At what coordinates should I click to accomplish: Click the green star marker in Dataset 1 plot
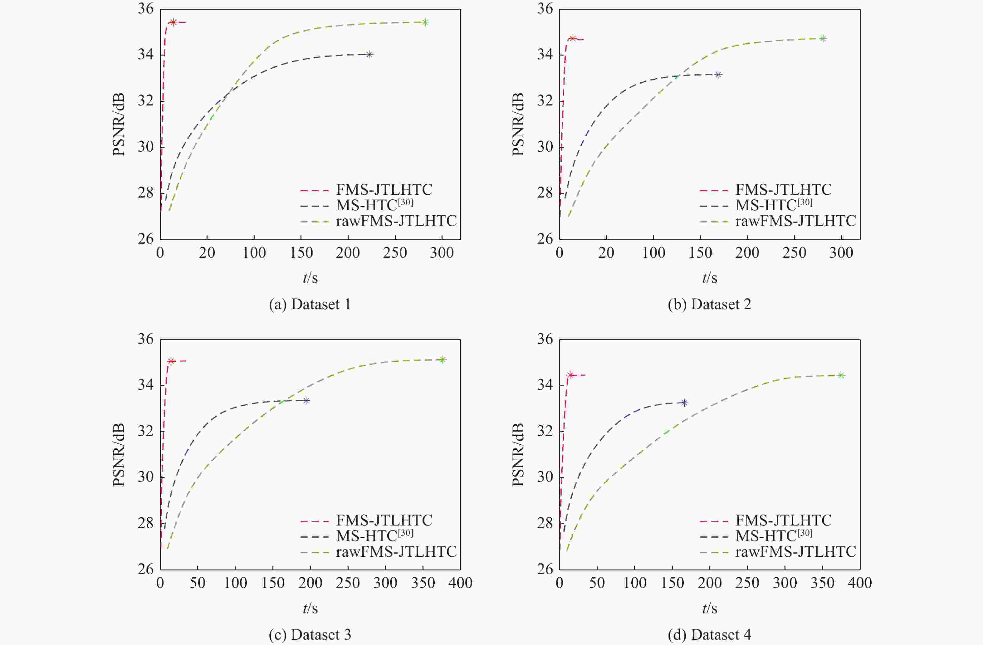tap(425, 22)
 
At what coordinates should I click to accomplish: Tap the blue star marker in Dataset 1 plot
tap(369, 54)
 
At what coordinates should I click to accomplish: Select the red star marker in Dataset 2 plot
tap(572, 38)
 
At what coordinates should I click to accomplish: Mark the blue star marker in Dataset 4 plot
tap(684, 403)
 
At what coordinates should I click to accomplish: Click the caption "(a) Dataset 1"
tap(310, 304)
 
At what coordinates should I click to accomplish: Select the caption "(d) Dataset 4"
tap(709, 635)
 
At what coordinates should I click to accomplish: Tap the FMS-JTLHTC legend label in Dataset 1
tap(384, 189)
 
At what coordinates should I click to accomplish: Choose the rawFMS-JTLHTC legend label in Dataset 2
tap(795, 221)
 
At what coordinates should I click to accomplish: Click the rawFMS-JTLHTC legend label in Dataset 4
tap(795, 551)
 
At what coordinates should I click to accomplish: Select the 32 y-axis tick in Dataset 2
tap(545, 101)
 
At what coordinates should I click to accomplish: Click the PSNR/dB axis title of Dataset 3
tap(119, 455)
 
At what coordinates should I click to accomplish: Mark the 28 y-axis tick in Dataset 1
tap(145, 193)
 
